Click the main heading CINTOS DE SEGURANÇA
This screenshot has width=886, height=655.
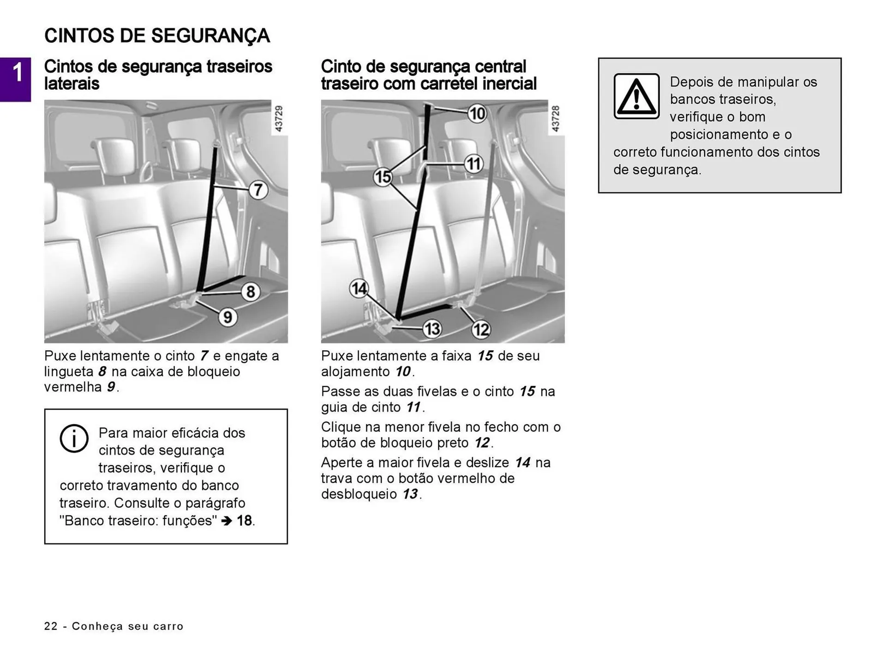[x=157, y=36]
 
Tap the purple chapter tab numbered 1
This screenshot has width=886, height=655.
[x=16, y=79]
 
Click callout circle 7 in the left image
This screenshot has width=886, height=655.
[x=258, y=190]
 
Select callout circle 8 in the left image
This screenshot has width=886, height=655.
[x=251, y=291]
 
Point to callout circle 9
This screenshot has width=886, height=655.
[x=227, y=317]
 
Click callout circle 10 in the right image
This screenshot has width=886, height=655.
[x=477, y=113]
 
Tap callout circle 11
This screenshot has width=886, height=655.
[x=473, y=164]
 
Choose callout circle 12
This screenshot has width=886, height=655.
[x=481, y=329]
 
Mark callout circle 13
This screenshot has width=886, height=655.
[x=432, y=329]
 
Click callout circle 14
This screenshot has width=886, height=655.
[x=359, y=289]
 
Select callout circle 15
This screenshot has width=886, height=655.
[x=383, y=177]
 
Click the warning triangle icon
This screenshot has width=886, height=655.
[x=636, y=96]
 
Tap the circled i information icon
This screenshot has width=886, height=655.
[x=74, y=438]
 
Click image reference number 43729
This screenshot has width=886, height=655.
[x=278, y=118]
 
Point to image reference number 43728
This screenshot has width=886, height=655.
[x=555, y=118]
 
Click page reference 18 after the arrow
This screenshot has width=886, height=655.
[x=244, y=520]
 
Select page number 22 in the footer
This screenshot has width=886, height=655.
[x=51, y=626]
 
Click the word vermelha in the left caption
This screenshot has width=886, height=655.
[x=73, y=387]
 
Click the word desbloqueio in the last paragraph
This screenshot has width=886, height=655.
[x=359, y=494]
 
